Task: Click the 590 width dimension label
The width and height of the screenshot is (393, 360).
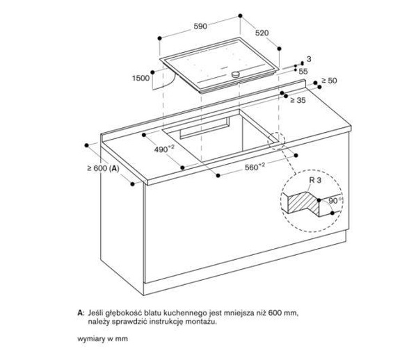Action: [200, 26]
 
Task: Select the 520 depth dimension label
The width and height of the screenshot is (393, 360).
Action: [262, 33]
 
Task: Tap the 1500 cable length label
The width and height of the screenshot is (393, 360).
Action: [141, 79]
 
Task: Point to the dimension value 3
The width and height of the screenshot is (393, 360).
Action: [308, 60]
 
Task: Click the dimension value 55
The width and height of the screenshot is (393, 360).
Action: [303, 71]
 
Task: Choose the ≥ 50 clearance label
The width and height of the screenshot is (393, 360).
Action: [328, 82]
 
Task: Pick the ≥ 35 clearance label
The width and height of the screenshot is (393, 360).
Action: [298, 101]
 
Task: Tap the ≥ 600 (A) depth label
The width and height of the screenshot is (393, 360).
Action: [102, 168]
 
